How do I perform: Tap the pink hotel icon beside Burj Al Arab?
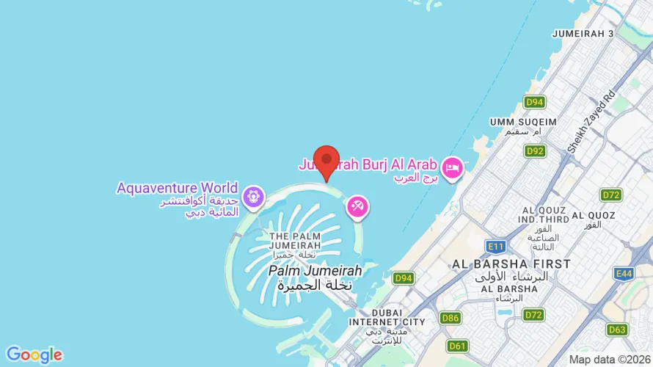point(452,168)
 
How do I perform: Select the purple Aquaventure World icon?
point(254,195)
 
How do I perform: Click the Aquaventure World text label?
point(177,188)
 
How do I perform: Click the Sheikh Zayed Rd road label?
point(591,122)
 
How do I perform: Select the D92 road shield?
point(535,151)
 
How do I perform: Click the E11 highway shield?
point(496,247)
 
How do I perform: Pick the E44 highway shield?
point(624,274)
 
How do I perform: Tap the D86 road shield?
point(450,318)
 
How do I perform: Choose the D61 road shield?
point(458,346)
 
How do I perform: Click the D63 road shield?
point(618,330)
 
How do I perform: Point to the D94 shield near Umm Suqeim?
point(535,102)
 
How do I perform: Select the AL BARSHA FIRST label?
point(511,264)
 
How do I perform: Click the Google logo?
point(34,355)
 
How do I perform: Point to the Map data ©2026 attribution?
point(610,360)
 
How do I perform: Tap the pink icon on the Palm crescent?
point(358,207)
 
